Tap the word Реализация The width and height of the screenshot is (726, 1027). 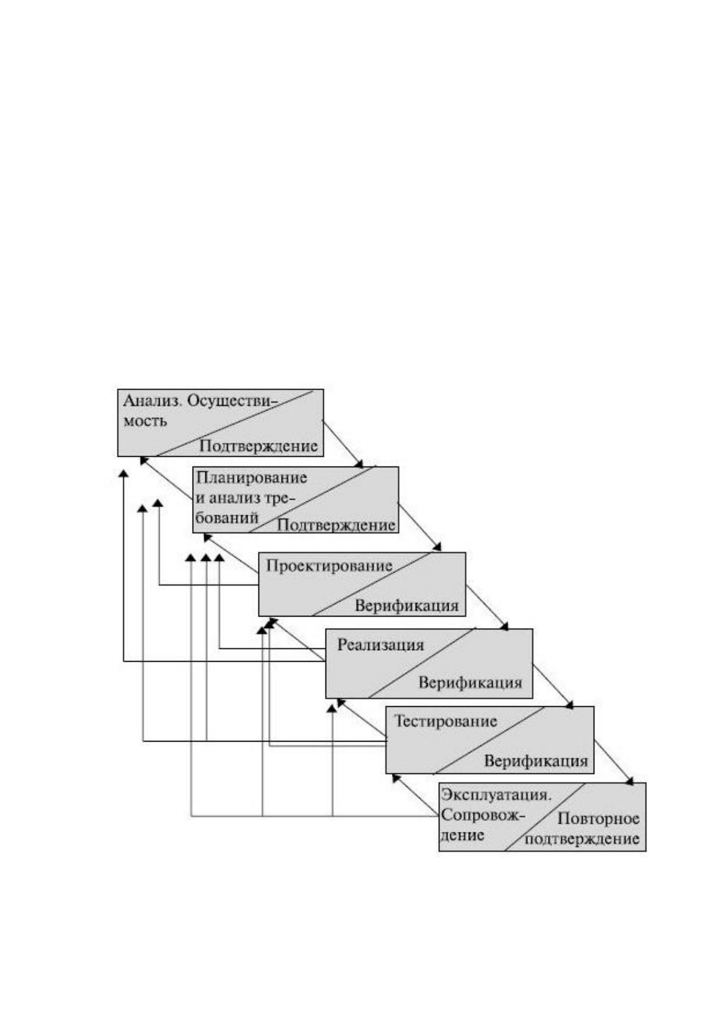point(380,645)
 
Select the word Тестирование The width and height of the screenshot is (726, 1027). point(446,721)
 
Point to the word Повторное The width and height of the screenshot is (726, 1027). point(598,818)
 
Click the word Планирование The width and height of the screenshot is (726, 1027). point(252,478)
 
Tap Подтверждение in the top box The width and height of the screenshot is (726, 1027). point(258,446)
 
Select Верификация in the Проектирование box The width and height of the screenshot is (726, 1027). point(407,606)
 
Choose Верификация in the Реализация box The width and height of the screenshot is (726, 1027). point(470,682)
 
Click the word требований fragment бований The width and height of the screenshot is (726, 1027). point(227,518)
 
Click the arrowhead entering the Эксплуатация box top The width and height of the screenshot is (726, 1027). point(630,781)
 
